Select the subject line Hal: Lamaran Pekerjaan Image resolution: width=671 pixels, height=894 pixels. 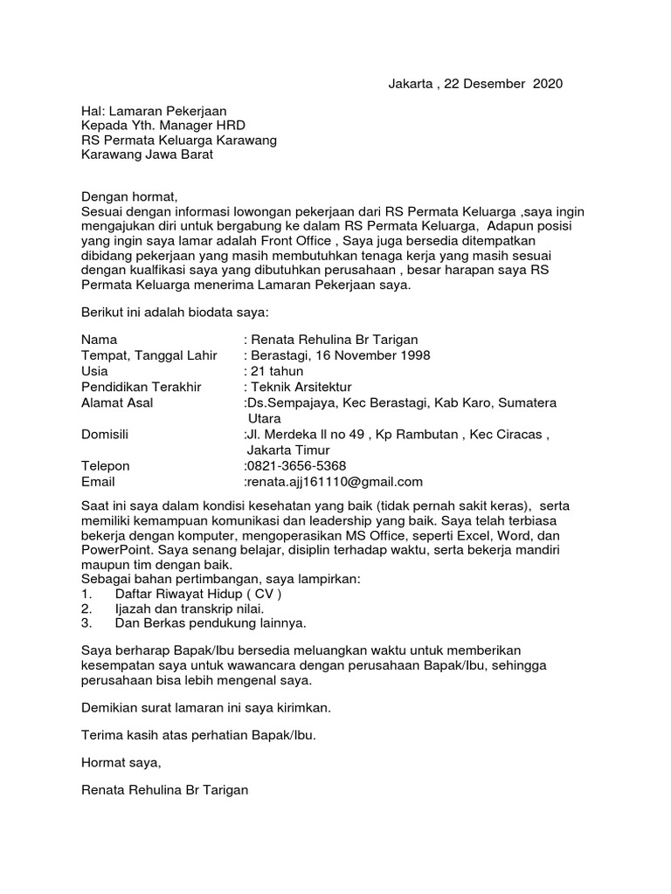[154, 111]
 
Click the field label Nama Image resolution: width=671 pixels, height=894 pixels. [99, 339]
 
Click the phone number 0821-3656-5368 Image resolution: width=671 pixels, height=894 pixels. [297, 465]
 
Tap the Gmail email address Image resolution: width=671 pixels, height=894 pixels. [335, 481]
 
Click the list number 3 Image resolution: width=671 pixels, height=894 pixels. [86, 623]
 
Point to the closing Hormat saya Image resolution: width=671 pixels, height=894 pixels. [121, 762]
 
